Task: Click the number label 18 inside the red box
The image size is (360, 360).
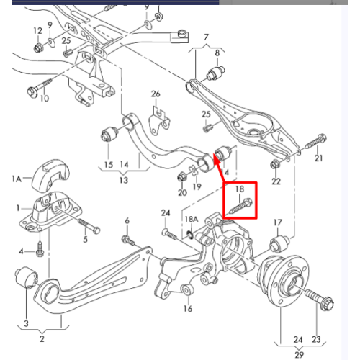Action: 240,189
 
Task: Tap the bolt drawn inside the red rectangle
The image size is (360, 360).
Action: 240,206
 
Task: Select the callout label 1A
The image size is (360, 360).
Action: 17,179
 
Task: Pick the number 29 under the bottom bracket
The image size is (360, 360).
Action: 299,355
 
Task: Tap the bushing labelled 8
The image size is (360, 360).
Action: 215,73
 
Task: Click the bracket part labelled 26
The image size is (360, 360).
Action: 160,122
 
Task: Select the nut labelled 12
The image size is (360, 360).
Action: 38,47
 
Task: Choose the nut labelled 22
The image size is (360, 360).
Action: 274,164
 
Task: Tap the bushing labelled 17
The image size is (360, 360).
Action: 279,243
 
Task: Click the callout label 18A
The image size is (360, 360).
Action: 192,219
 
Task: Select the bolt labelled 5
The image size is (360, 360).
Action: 89,226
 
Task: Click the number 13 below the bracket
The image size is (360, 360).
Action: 124,180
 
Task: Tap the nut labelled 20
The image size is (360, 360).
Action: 181,177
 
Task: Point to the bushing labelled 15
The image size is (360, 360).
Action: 109,134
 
